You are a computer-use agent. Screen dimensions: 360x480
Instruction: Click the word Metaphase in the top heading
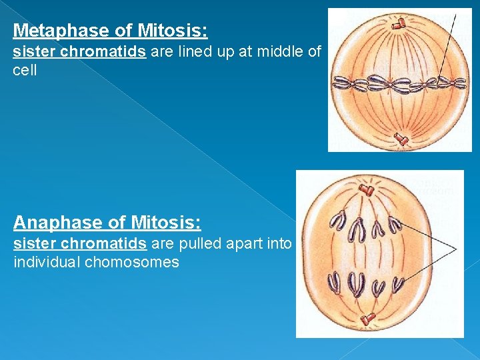[x=53, y=31]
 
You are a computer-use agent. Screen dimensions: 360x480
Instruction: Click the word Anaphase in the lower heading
[x=51, y=222]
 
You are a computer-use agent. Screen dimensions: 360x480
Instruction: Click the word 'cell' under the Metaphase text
[x=25, y=70]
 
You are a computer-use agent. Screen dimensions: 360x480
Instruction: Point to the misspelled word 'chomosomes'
[x=132, y=262]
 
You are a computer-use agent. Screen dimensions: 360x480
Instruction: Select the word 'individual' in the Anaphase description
[x=47, y=262]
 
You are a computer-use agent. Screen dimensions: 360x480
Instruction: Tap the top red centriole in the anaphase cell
[x=366, y=189]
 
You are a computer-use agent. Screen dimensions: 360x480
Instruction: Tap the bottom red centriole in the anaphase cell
[x=367, y=319]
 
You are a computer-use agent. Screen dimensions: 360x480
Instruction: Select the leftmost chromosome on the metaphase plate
[x=342, y=83]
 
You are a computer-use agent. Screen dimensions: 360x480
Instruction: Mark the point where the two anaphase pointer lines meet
[x=456, y=249]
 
